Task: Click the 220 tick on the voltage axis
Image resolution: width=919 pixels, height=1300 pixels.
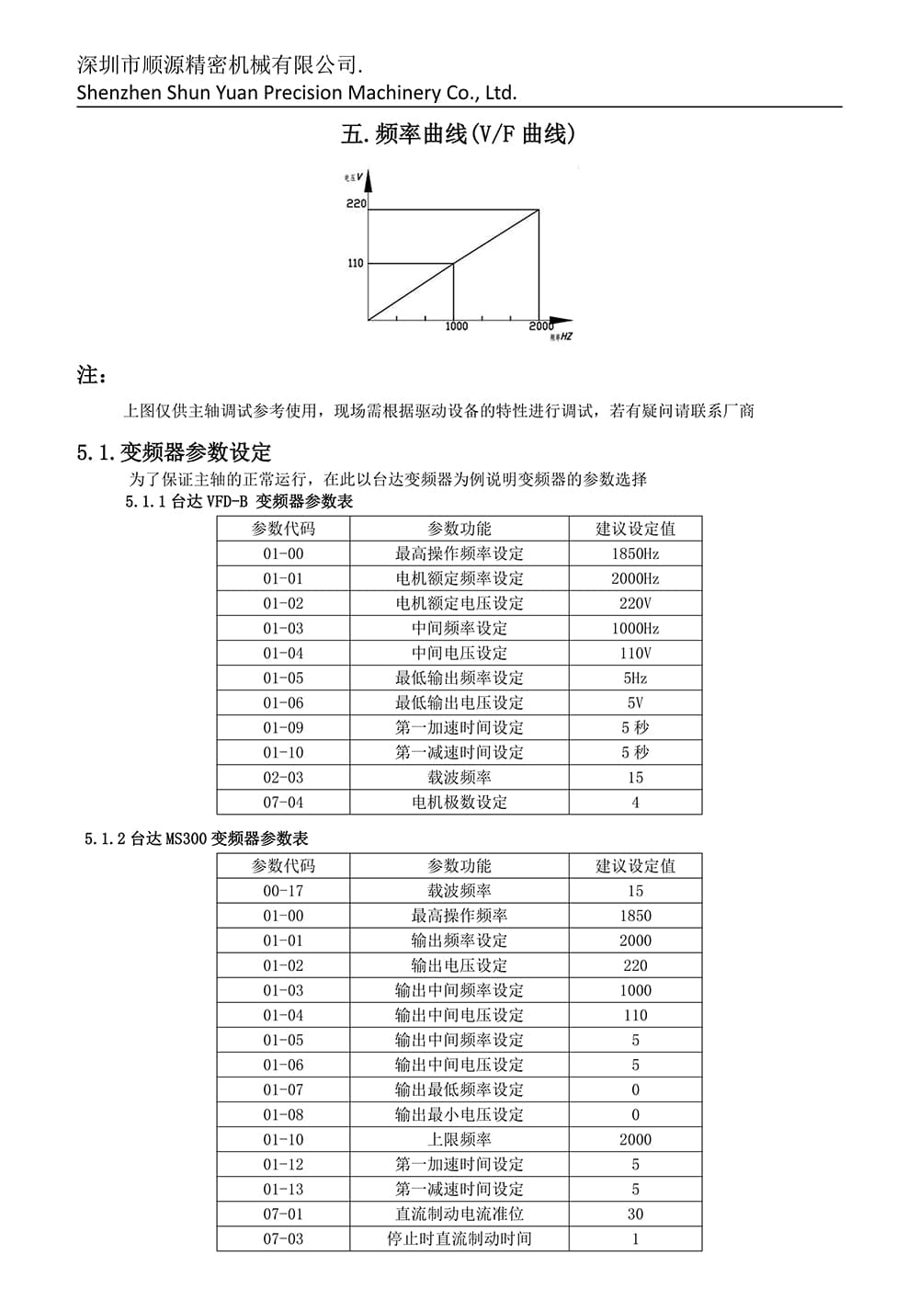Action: (357, 203)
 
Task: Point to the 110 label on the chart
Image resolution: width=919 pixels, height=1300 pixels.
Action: (356, 263)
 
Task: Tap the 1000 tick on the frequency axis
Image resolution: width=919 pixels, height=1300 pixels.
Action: (457, 326)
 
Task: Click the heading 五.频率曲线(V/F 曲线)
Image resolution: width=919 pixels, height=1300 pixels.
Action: (459, 134)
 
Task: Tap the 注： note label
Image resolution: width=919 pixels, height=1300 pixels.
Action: (92, 375)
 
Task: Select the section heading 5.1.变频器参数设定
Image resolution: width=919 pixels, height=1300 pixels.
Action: (175, 452)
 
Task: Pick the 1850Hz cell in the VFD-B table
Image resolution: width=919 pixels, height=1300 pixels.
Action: (635, 553)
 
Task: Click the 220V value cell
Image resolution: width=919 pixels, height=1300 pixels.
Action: (635, 603)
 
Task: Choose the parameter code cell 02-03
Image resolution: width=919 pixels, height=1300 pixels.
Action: (283, 777)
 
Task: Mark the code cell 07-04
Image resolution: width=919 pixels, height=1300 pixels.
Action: (283, 802)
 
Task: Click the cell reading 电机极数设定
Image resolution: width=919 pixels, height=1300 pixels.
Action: (459, 802)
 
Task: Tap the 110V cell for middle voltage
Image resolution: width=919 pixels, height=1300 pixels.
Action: (635, 653)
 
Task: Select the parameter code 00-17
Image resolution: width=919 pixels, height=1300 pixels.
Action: (283, 891)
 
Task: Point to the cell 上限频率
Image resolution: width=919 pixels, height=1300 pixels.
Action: (459, 1139)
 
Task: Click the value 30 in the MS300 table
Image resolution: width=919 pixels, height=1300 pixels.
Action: (635, 1214)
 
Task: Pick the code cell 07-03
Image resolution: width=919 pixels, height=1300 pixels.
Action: (283, 1238)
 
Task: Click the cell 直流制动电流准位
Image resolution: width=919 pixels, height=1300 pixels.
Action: (459, 1214)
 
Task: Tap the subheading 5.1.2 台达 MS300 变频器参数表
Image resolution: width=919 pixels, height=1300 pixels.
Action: (197, 838)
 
